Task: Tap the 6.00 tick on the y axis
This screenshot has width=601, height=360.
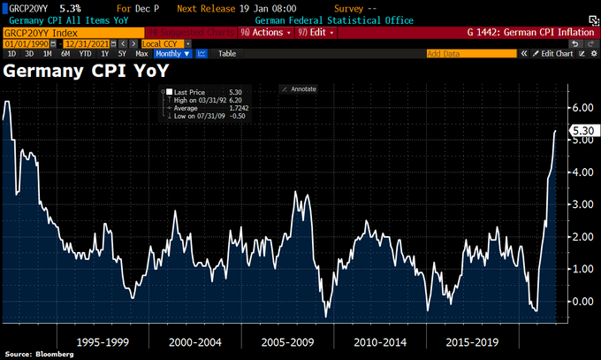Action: pos(582,107)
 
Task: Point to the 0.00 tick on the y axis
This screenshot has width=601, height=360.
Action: pos(582,302)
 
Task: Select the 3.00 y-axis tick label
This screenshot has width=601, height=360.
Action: pos(582,204)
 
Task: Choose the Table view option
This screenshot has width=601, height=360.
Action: pos(226,53)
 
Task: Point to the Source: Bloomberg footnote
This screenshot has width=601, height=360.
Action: pos(40,354)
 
